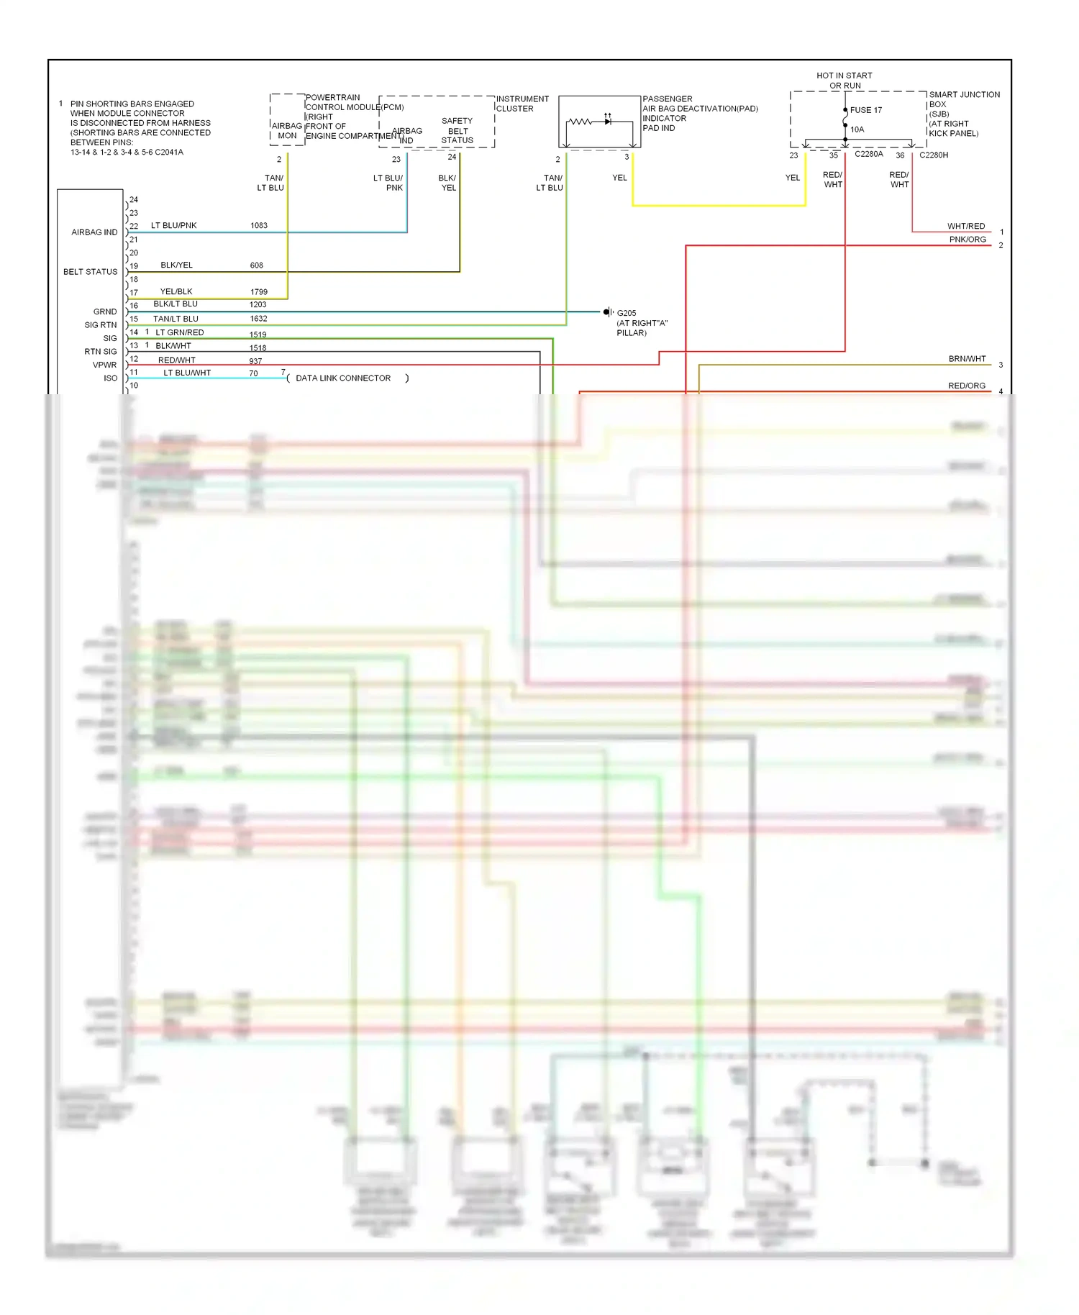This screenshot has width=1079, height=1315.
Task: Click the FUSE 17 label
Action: click(865, 110)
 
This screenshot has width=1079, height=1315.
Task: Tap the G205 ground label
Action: click(626, 313)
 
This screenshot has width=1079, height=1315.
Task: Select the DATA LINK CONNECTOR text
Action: click(343, 378)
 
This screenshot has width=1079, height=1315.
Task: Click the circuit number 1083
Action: click(259, 226)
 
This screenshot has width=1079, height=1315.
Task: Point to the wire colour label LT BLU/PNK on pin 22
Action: click(173, 226)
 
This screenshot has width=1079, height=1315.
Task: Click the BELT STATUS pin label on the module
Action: click(90, 272)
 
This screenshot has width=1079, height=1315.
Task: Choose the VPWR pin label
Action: click(104, 365)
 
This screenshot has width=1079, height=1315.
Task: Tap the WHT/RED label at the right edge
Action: click(965, 227)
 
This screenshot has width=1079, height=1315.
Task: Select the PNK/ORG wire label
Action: click(967, 240)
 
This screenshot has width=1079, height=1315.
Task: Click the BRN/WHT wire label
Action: click(967, 359)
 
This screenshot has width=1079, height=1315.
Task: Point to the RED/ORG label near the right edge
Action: click(966, 386)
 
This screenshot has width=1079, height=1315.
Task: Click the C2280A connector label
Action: click(868, 155)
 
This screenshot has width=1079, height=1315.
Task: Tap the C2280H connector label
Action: click(934, 155)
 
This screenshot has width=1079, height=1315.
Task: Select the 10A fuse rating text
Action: click(857, 129)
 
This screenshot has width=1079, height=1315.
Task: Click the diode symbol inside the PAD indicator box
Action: click(608, 122)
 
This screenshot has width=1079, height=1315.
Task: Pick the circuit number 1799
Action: click(259, 292)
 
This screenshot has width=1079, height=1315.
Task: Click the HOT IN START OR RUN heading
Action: click(844, 81)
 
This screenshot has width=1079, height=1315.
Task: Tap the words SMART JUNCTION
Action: click(964, 95)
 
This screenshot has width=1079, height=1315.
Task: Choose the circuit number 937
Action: click(255, 361)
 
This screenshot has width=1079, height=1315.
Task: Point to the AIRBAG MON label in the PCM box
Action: click(287, 131)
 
